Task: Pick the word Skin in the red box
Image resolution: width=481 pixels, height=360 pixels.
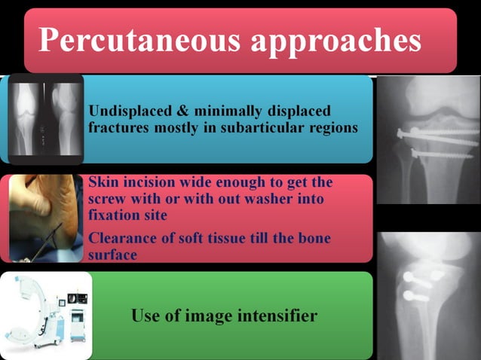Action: coord(102,182)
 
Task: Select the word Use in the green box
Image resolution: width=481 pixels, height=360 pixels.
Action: coord(146,316)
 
